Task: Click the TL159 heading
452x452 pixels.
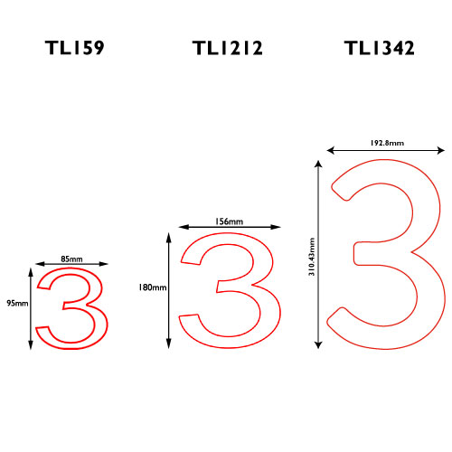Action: pos(75,48)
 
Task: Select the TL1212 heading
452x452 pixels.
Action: pos(228,48)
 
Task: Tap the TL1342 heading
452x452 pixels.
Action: pos(380,48)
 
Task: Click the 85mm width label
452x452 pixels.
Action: pos(71,259)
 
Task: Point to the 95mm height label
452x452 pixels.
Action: pos(17,303)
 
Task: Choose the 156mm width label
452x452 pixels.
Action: pos(229,221)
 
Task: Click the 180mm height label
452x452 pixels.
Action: pos(153,287)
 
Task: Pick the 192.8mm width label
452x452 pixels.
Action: pos(387,143)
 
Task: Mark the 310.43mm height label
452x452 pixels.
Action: pos(312,257)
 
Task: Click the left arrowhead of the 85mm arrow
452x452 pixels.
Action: pos(39,264)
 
